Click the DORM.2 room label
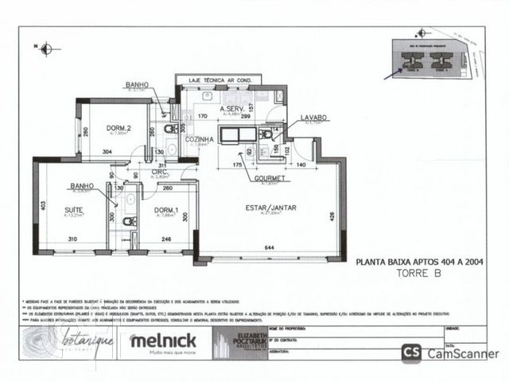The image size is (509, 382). tap(119, 127)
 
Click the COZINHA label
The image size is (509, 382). tap(200, 139)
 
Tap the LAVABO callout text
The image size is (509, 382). tap(314, 118)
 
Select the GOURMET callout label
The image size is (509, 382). tap(270, 179)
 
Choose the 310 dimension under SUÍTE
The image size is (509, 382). tap(72, 239)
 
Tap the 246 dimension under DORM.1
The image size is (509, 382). tap(166, 239)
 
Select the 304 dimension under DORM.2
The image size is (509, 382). tap(107, 151)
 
